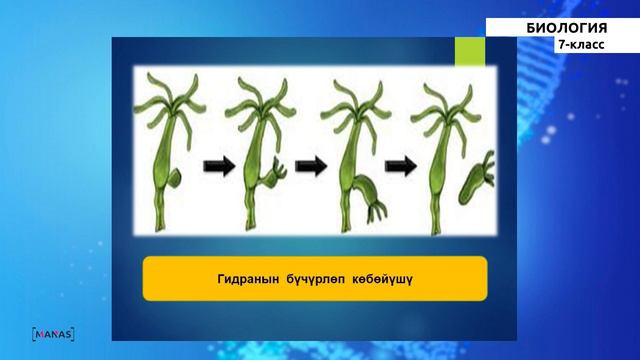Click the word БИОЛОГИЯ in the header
pos(566,27)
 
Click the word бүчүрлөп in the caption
pos(312,279)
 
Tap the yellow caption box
pos(314,279)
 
